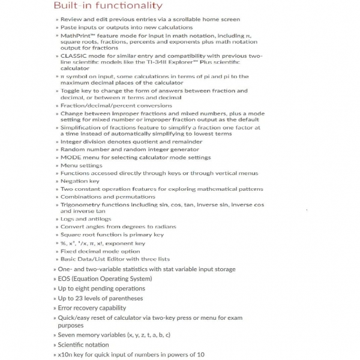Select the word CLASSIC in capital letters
pos(76,55)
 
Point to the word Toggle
pos(73,91)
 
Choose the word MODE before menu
pos(72,157)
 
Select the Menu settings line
pos(82,165)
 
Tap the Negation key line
pos(80,181)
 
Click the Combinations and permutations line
pos(108,196)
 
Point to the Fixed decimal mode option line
pos(100,251)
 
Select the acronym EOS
pos(65,278)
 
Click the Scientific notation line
pos(83,344)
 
